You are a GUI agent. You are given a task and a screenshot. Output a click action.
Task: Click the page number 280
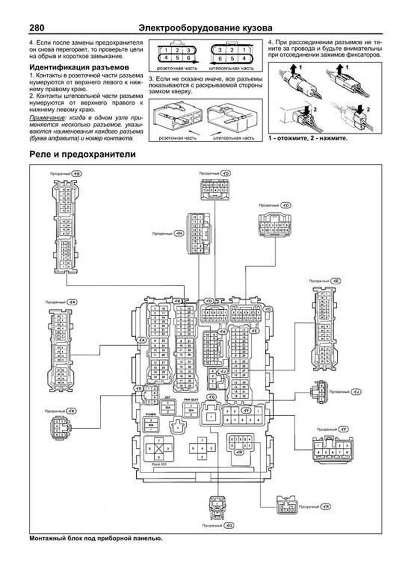pos(37,28)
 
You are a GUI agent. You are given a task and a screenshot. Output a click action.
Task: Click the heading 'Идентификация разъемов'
pos(79,67)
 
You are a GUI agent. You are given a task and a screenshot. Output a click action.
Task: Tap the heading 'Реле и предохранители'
pos(83,154)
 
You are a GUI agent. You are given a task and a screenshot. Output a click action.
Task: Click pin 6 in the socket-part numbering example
pos(188,58)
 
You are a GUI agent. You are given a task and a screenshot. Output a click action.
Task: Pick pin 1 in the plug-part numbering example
pos(244,50)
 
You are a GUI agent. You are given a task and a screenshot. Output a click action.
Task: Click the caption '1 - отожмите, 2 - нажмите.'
pos(308,139)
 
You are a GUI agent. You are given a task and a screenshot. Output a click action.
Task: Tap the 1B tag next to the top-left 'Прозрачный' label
pos(77,174)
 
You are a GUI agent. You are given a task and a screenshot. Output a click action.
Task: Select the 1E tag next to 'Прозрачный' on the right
pos(336,281)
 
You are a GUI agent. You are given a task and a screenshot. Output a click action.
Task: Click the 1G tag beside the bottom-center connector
pos(229,525)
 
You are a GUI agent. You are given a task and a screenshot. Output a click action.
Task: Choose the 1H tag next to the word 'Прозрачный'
pos(179,233)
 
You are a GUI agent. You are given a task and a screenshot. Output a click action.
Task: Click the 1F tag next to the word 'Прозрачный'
pos(342,429)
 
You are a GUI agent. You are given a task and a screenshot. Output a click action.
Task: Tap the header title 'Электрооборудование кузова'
pos(206,28)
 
